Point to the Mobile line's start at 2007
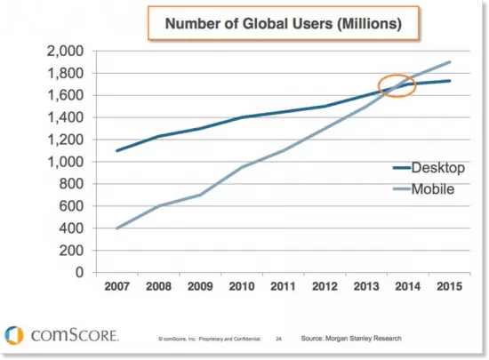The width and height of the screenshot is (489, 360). [x=117, y=228]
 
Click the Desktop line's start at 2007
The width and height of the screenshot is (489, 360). [x=117, y=150]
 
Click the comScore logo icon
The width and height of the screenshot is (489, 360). [x=14, y=335]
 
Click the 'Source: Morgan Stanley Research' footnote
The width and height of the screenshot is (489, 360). [x=351, y=339]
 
